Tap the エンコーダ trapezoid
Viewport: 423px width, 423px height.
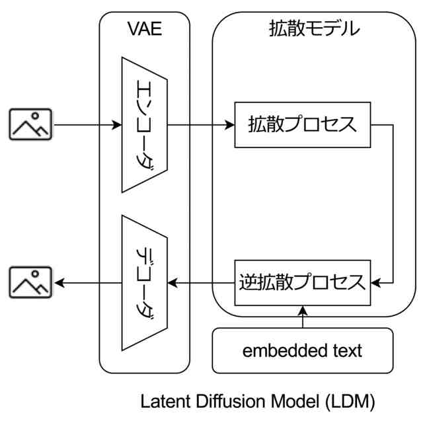coord(144,124)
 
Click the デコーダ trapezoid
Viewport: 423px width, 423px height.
coord(144,283)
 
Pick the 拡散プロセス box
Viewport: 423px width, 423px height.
coord(301,124)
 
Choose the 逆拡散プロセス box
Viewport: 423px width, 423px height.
coord(301,283)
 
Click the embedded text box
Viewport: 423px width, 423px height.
coord(302,350)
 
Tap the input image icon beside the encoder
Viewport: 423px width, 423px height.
coord(30,124)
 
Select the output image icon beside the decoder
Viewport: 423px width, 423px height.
coord(30,283)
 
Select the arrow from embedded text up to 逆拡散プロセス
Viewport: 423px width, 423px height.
coord(302,317)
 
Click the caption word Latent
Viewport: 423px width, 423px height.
coord(164,401)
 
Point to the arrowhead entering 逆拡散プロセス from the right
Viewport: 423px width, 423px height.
coord(376,283)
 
